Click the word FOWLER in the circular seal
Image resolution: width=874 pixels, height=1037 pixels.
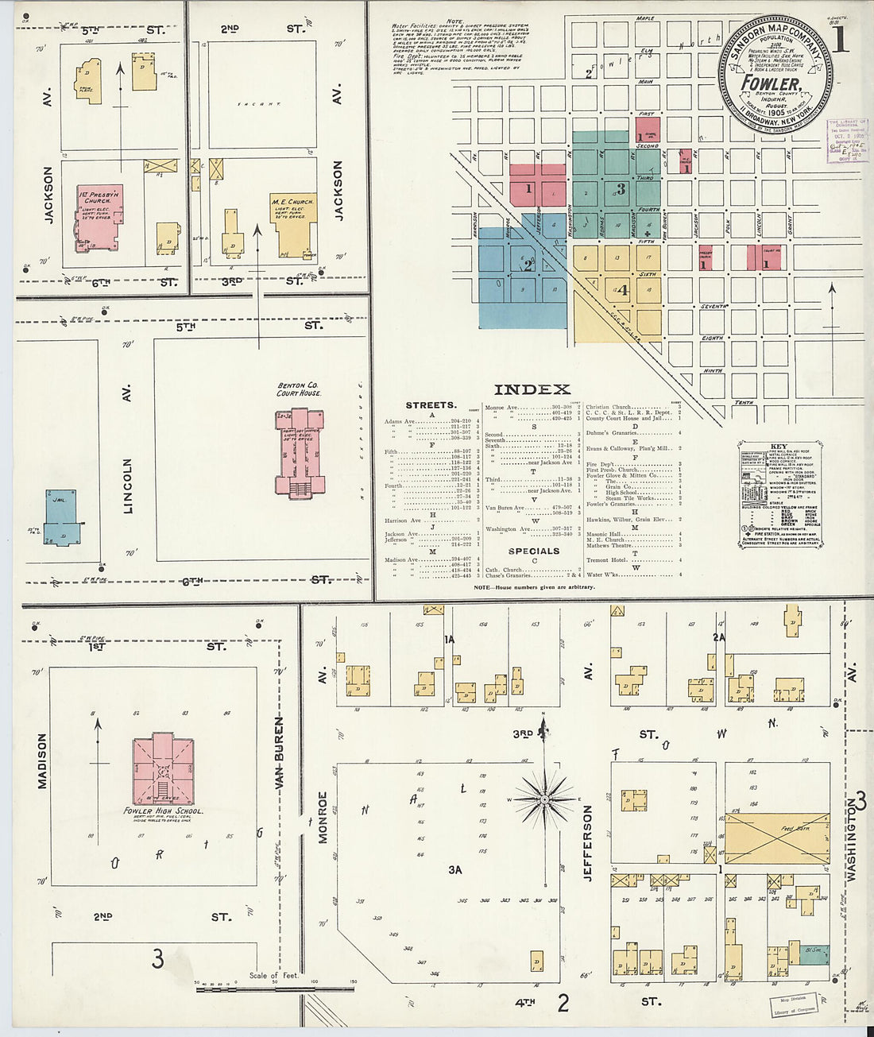770,83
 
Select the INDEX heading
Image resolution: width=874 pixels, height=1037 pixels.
532,389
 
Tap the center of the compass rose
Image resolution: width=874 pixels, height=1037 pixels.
545,797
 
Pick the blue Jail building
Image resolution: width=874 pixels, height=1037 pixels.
61,517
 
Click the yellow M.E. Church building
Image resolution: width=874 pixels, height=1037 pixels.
293,224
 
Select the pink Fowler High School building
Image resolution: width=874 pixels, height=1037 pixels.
163,769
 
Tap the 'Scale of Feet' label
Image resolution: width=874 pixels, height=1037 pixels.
274,976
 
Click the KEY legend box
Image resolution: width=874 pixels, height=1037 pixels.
779,493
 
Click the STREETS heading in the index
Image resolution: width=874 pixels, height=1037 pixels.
431,405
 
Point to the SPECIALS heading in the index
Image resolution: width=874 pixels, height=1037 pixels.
533,551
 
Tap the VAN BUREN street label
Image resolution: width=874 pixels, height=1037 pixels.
279,753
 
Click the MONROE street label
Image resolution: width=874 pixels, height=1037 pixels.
323,816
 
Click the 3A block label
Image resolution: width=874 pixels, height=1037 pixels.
454,870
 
